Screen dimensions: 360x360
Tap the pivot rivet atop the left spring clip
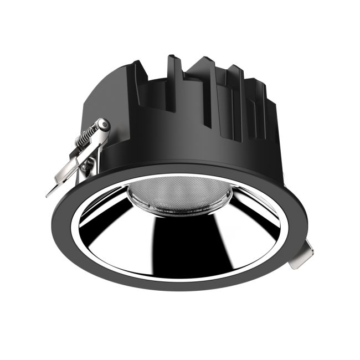coord(103,126)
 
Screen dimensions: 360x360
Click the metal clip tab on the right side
coord(302,258)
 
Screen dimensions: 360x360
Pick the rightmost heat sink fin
coord(271,111)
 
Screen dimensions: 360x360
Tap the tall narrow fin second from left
coord(174,83)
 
